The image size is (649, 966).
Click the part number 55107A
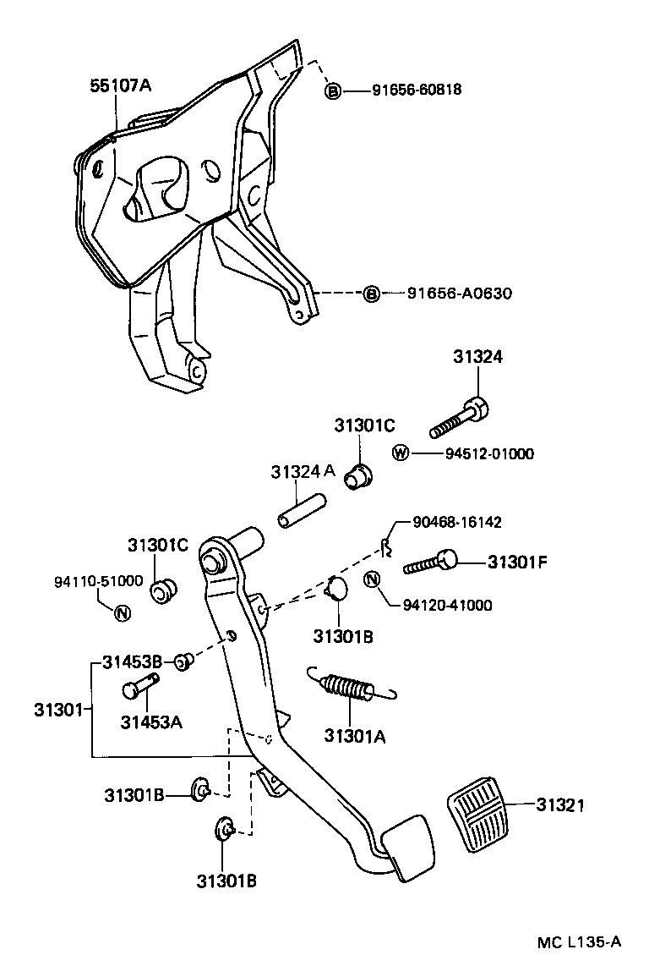pos(121,85)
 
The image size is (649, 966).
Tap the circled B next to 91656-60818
pos(333,91)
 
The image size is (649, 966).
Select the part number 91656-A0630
pos(460,294)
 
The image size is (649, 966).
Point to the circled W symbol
pos(401,453)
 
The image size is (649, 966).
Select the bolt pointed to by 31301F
pos(431,562)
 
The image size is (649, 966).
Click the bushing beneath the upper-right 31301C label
pos(359,477)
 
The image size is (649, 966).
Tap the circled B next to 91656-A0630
pos(371,294)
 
